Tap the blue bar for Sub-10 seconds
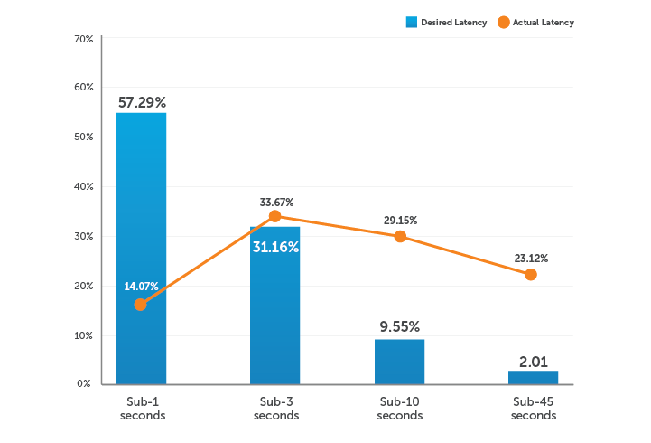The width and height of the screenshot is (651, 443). coord(400,361)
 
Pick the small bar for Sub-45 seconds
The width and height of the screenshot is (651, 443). coord(533,377)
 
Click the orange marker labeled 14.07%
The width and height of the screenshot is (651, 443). coord(141,305)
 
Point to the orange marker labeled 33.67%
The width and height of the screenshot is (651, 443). coord(275,216)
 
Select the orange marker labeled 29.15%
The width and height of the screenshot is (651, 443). coord(400,236)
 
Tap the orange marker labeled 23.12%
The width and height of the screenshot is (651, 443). coord(531,274)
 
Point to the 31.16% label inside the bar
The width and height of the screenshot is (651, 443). coord(275,246)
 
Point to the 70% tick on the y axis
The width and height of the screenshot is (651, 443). coord(83,39)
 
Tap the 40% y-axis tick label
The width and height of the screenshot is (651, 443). coord(83,186)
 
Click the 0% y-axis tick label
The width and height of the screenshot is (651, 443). coord(84,384)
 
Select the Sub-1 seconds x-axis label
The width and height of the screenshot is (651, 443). coord(142,408)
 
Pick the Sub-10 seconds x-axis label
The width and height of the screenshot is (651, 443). coord(400,408)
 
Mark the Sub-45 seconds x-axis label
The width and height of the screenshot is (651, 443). coord(533,408)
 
